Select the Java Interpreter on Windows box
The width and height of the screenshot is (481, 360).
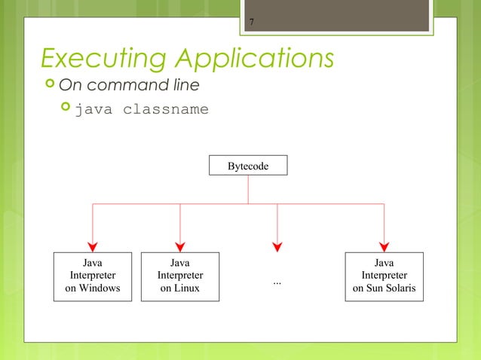click(x=93, y=276)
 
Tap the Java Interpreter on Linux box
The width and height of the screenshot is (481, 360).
click(x=180, y=276)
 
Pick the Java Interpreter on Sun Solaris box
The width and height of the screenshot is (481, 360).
click(x=384, y=276)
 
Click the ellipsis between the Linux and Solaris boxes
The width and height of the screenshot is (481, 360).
click(x=277, y=282)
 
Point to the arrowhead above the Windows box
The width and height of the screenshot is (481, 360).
click(x=93, y=245)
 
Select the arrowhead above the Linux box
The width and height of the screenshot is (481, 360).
click(x=180, y=245)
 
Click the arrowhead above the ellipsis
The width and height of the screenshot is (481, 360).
click(x=277, y=245)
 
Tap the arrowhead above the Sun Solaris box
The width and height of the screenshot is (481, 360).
click(x=384, y=245)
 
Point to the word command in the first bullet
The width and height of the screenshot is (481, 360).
click(x=132, y=84)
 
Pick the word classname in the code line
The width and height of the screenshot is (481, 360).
click(x=166, y=110)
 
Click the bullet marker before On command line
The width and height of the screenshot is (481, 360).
click(x=47, y=84)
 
